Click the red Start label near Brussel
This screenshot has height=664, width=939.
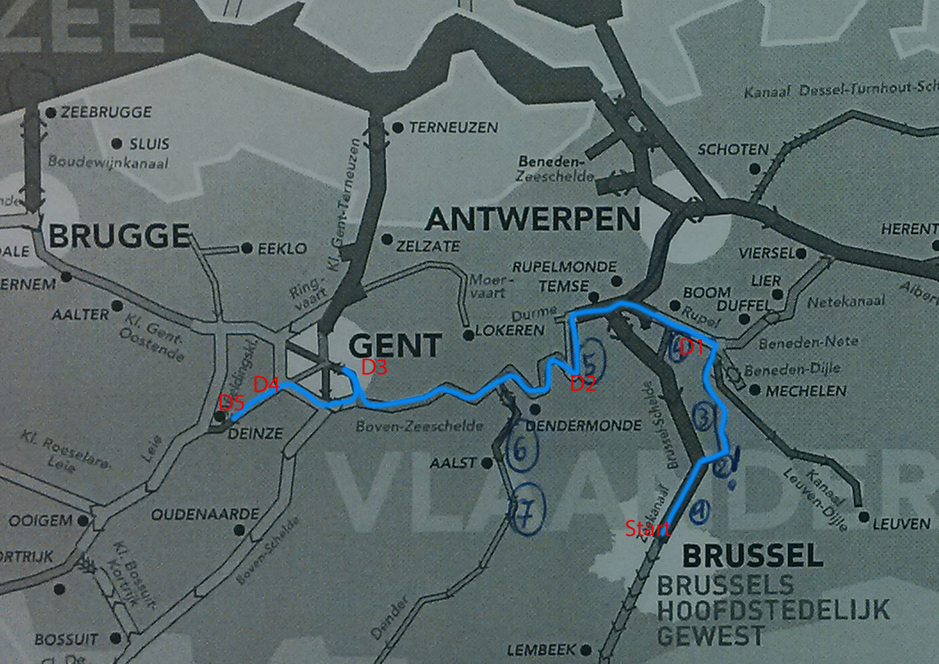[647, 529]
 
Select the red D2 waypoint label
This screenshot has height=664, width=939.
[583, 384]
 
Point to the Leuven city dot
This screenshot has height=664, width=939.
[864, 517]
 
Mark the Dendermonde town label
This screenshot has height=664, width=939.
[583, 426]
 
